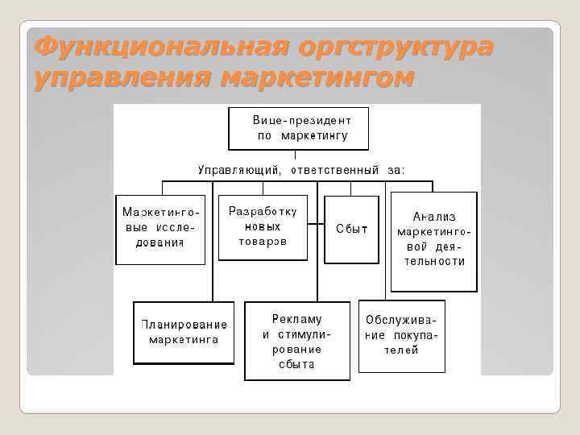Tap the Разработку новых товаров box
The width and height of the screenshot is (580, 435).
click(263, 227)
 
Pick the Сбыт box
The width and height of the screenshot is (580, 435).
click(351, 229)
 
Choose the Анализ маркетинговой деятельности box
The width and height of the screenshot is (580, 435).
click(434, 241)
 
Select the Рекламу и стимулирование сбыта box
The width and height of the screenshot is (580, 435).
click(296, 341)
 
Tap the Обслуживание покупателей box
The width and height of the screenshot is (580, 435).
click(401, 336)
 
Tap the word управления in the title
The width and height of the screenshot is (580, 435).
click(121, 78)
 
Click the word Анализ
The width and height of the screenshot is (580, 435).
click(434, 217)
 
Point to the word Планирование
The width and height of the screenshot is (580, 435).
click(184, 325)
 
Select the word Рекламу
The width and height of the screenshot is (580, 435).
click(296, 319)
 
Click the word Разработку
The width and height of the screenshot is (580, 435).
click(263, 212)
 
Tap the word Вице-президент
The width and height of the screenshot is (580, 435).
click(298, 118)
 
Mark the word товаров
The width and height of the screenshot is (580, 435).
click(263, 242)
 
